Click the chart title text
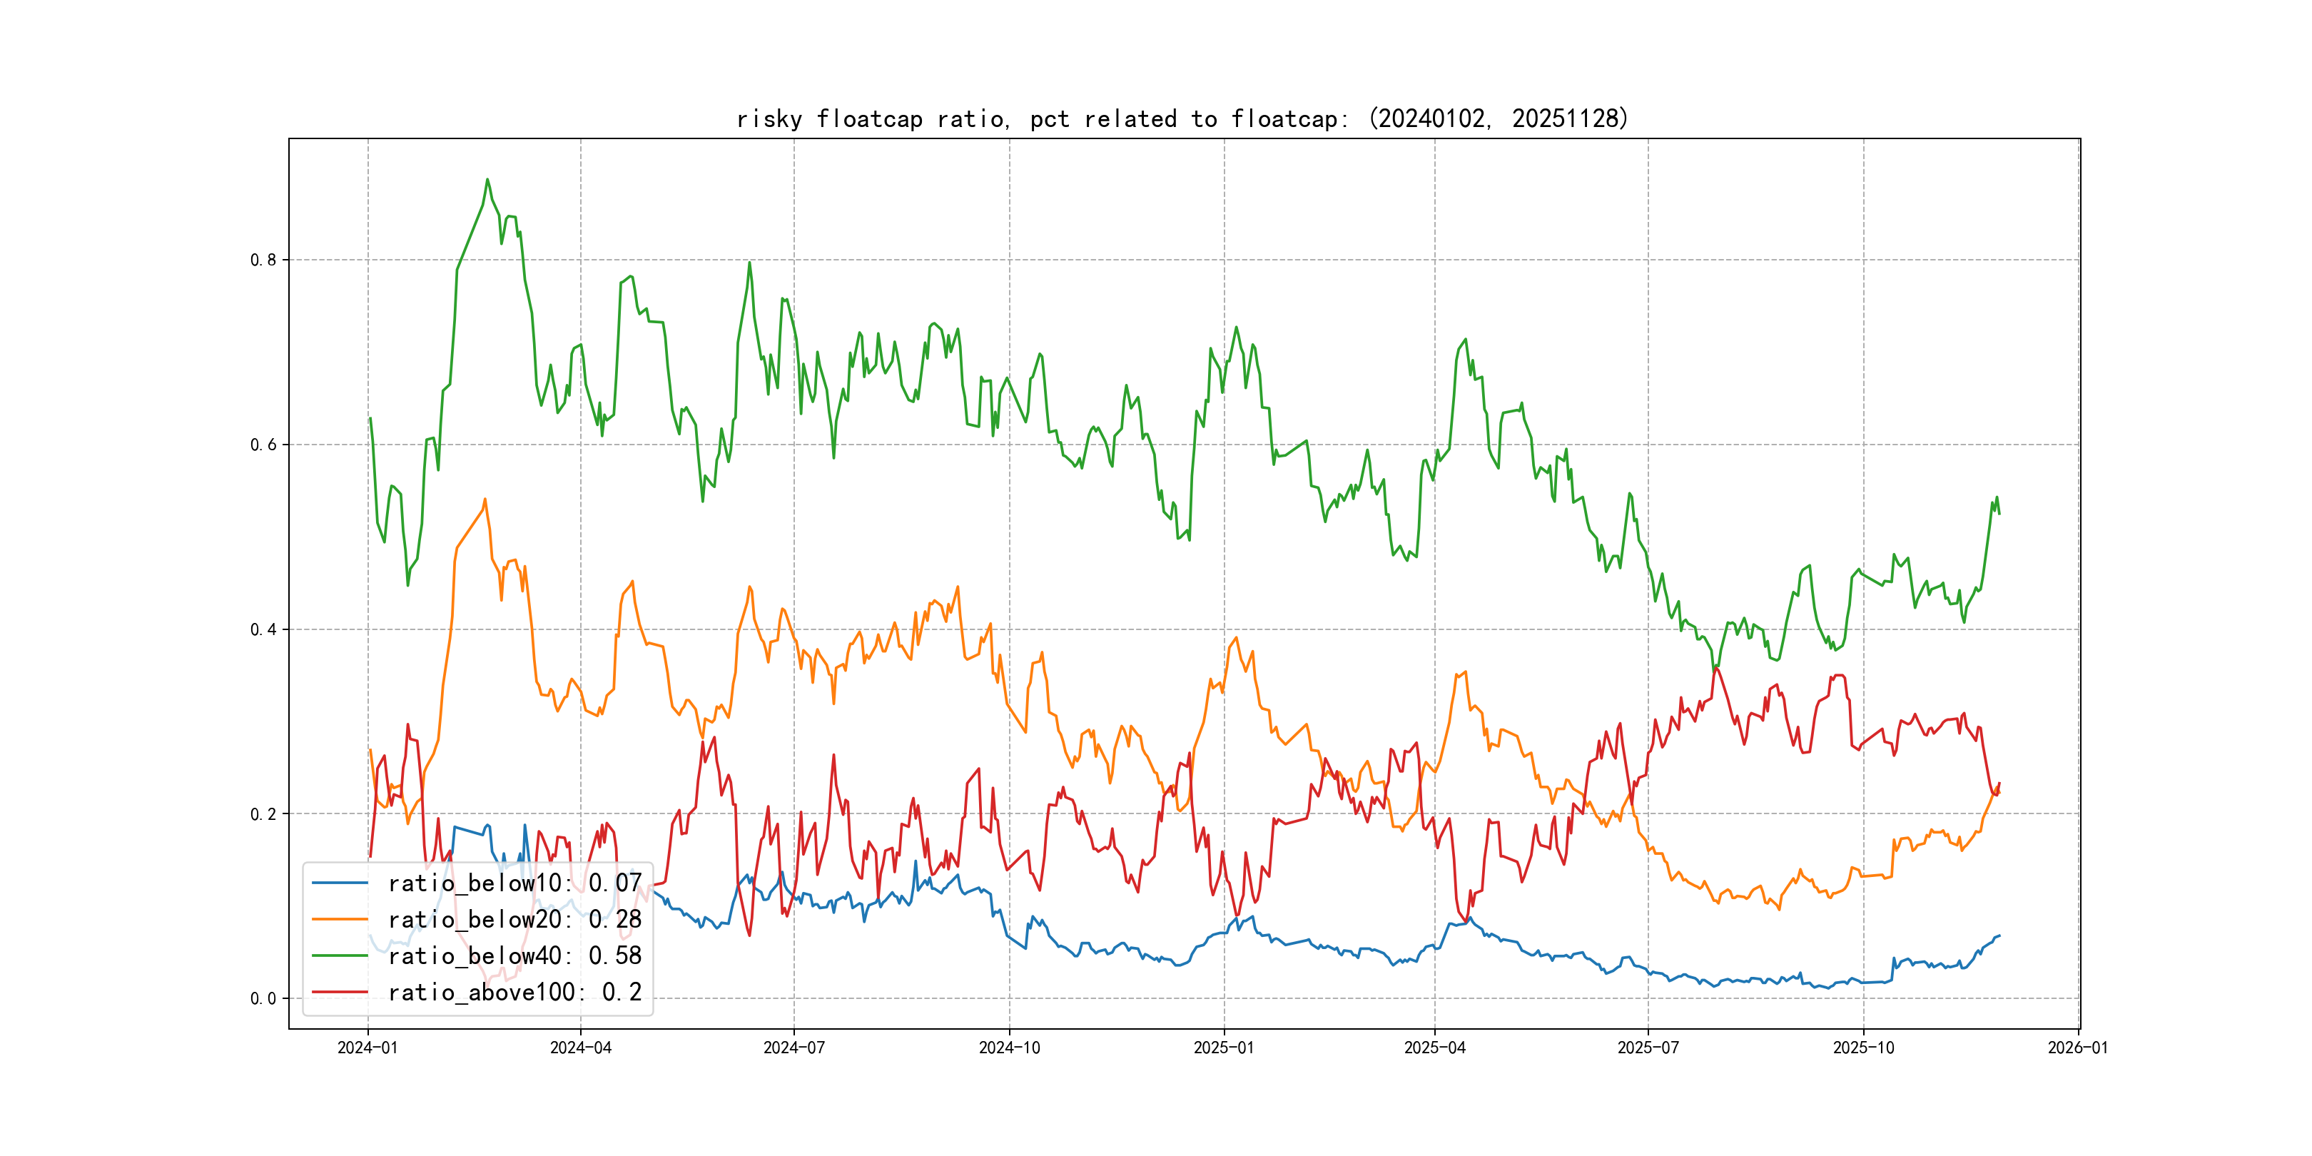pos(1182,118)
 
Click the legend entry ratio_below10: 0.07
pos(514,883)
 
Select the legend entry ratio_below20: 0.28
pos(514,919)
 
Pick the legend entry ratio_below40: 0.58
pos(514,956)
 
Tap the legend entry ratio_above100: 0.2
pos(514,992)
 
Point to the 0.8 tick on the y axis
pos(263,260)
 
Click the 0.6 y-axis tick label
pos(263,445)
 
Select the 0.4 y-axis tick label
pos(263,630)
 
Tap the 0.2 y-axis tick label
pos(263,814)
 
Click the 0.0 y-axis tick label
pos(263,999)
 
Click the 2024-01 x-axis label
pos(367,1048)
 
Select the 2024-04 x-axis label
pos(581,1048)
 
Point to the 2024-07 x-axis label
pos(794,1048)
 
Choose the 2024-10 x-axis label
pos(1009,1048)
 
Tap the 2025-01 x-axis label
pos(1223,1048)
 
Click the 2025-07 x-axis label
pos(1648,1048)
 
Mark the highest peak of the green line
pos(487,180)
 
